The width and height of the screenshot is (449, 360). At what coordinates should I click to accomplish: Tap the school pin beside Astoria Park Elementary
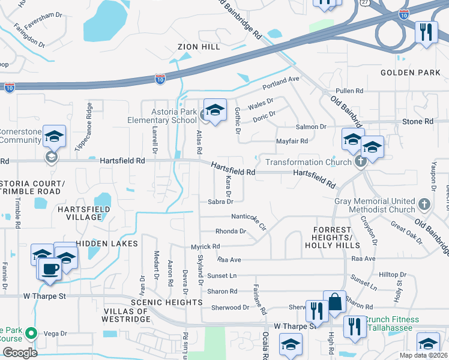215,110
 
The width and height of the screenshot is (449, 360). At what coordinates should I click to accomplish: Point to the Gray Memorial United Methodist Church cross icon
424,204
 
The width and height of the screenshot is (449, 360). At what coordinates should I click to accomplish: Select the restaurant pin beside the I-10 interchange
426,31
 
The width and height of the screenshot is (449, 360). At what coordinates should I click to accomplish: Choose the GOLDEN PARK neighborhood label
411,73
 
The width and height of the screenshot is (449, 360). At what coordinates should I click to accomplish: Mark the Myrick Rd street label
205,246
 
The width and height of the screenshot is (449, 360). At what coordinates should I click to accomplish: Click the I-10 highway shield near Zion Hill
160,79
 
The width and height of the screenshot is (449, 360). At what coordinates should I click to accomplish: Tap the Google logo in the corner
20,352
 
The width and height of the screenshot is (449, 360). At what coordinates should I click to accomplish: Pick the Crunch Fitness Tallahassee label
390,325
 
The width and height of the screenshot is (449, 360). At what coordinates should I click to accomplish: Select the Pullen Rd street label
350,91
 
